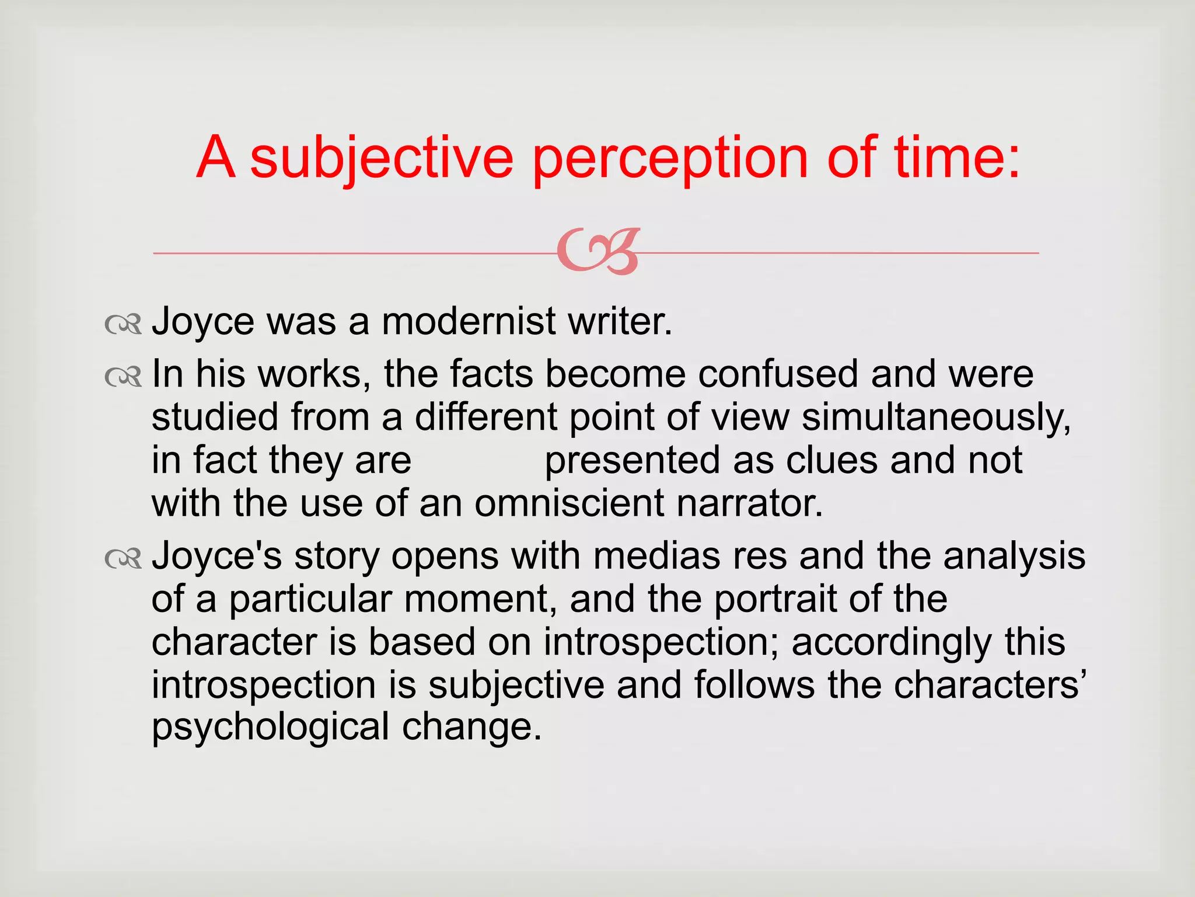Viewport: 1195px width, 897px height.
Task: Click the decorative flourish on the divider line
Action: pos(598,252)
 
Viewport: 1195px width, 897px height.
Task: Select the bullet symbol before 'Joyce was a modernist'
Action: pos(123,324)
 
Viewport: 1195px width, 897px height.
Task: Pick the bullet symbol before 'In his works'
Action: pos(123,377)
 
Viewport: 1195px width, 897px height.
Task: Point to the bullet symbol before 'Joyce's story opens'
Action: pos(123,559)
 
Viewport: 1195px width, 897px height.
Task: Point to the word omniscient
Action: pos(569,503)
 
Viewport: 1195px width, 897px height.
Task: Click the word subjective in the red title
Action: pos(382,158)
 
